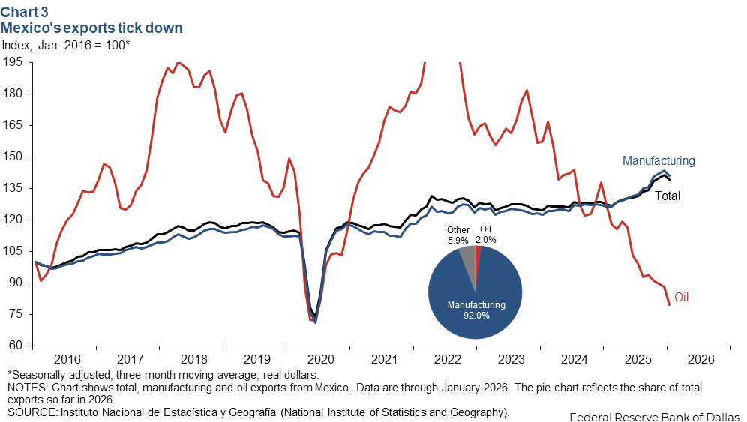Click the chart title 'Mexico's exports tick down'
coord(91,28)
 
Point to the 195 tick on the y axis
coord(14,62)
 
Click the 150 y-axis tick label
coord(14,157)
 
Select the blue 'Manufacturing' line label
coord(658,160)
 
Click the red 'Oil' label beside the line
coord(681,298)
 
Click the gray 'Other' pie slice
coord(467,262)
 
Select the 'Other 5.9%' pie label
coord(457,235)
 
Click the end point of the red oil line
coord(669,304)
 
